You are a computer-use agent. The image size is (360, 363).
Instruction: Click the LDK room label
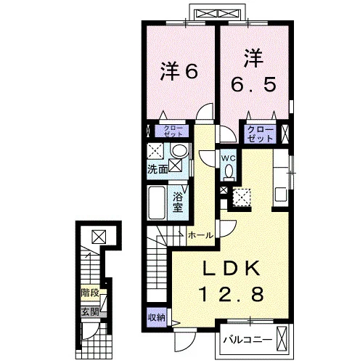point(232,268)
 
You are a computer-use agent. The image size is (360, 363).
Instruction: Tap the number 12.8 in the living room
point(231,293)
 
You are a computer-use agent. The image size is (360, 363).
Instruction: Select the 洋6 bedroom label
point(179,71)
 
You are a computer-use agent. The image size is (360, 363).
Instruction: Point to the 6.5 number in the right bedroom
point(253,83)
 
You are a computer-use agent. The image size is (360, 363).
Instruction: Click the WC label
point(229,158)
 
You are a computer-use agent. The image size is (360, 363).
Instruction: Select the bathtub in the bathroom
point(157,203)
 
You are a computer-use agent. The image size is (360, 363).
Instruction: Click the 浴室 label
point(178,203)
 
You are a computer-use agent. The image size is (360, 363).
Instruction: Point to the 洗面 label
point(157,169)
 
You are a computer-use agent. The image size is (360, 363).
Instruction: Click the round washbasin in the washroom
point(179,150)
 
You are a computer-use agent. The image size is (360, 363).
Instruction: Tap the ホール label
point(200,235)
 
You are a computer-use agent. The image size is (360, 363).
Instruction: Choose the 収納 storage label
point(157,318)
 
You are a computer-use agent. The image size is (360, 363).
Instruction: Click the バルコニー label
point(247,340)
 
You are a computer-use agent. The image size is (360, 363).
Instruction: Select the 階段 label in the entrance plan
point(90,293)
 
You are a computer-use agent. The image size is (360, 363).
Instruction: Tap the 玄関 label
point(90,312)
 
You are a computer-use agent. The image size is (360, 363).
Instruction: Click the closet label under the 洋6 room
point(173,131)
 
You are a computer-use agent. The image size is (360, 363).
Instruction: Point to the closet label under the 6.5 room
point(260,134)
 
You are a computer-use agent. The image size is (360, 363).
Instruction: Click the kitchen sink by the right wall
point(281,195)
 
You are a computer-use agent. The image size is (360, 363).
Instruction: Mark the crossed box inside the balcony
point(282,339)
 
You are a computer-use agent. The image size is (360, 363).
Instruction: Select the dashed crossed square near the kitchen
point(241,197)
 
